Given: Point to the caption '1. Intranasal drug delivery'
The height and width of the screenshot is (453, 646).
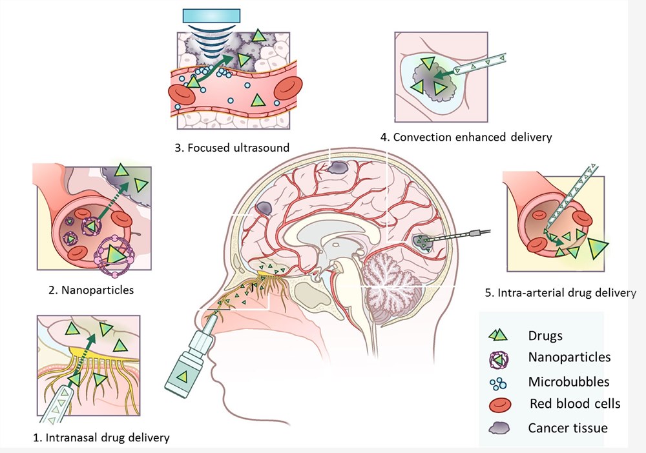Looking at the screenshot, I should pos(101,438).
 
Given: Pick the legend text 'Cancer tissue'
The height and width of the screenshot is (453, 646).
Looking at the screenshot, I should pos(568,427).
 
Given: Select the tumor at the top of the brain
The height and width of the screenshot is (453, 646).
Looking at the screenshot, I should pos(337,168).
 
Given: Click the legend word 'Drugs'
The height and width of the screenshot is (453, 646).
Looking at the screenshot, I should pos(545,336).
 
